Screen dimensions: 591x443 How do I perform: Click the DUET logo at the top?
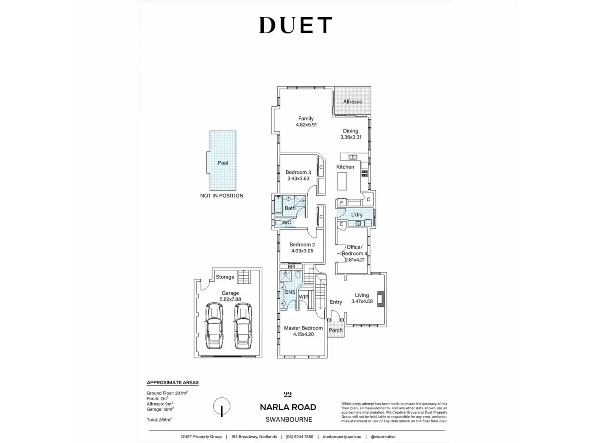295,25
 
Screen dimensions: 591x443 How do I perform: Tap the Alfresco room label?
353,102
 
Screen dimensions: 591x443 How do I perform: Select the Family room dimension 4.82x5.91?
306,125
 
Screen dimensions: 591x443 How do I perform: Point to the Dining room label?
351,131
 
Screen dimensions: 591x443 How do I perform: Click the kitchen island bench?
342,181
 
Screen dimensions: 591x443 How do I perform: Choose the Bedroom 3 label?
298,173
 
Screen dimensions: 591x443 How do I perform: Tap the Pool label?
223,163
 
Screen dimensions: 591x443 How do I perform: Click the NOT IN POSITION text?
222,196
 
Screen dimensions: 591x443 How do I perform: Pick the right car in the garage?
243,326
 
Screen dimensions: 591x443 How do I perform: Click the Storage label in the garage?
225,277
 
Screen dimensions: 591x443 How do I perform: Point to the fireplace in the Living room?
381,299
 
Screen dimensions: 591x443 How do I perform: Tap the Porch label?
336,331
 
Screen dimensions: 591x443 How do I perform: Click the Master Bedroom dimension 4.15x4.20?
304,334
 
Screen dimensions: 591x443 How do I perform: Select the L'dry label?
357,215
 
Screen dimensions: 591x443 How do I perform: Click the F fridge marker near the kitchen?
342,203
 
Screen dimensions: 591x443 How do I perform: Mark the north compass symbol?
222,406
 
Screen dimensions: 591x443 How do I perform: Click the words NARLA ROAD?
288,407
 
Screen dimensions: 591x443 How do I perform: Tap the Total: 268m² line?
159,420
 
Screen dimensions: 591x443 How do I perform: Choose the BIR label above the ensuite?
291,266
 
